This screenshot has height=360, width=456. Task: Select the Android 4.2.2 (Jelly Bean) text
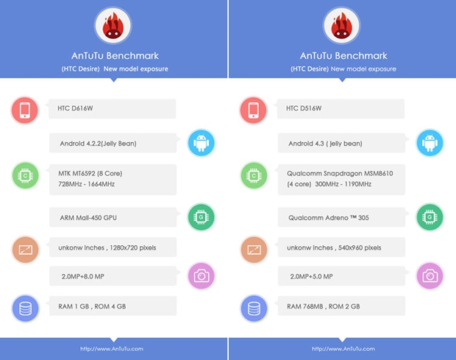(98, 143)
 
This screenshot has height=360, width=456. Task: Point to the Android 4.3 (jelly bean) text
(324, 143)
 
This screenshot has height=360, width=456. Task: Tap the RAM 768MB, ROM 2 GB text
(327, 306)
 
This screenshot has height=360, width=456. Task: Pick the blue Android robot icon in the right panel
(430, 143)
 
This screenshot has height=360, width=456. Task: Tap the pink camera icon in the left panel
(202, 276)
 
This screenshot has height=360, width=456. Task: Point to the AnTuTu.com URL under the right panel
(341, 348)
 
